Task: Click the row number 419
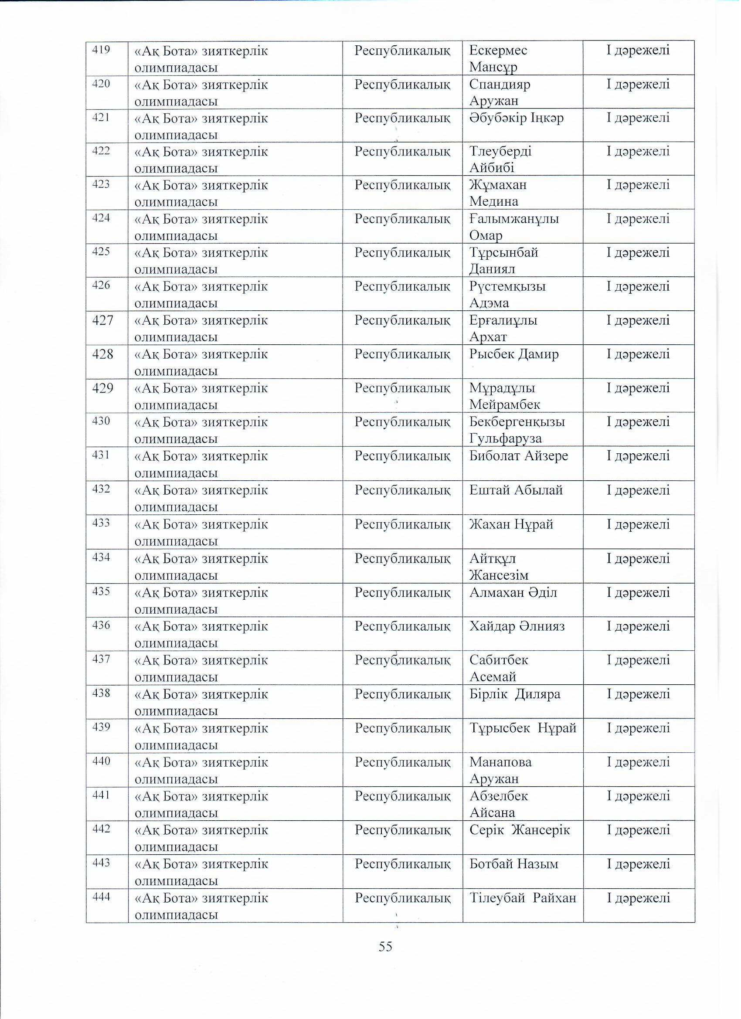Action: click(x=101, y=49)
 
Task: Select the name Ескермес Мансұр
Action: click(x=498, y=58)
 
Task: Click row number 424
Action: click(x=101, y=218)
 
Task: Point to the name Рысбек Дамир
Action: click(x=513, y=354)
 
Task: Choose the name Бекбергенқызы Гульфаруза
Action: click(x=517, y=430)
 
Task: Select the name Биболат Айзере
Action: click(x=519, y=456)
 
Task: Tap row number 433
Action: click(x=101, y=523)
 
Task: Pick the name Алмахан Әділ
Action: click(x=513, y=593)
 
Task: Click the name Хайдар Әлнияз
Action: click(x=517, y=626)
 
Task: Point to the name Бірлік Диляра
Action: click(x=514, y=694)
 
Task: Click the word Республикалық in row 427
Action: click(x=402, y=320)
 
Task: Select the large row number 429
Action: click(x=102, y=388)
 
